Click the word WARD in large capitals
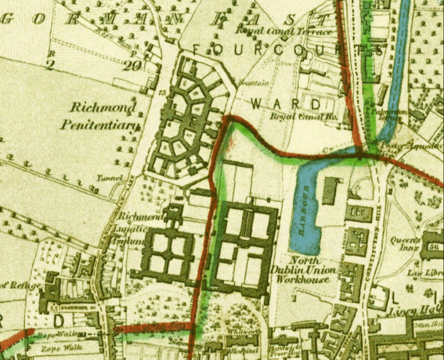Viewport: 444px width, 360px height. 286,104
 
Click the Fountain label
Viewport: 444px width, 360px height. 253,83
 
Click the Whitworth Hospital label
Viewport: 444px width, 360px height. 241,346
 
